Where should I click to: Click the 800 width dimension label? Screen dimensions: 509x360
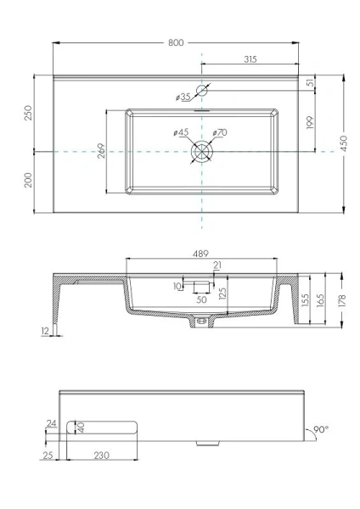(177, 41)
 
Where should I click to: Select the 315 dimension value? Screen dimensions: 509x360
(250, 59)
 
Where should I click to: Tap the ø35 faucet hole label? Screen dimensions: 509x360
(183, 98)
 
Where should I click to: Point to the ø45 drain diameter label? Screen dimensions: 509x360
(180, 132)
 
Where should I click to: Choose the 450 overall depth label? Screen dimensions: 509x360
(348, 145)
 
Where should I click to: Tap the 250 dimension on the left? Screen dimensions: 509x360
(28, 113)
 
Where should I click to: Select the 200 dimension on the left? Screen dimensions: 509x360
(28, 180)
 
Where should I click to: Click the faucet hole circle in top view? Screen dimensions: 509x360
(202, 90)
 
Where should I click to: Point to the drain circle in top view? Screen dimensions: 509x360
(202, 150)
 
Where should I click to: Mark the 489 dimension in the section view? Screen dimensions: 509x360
(201, 253)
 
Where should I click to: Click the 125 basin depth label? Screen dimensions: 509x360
(222, 294)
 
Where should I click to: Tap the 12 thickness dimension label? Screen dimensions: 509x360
(42, 332)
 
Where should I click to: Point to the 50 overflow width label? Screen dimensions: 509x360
(200, 299)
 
